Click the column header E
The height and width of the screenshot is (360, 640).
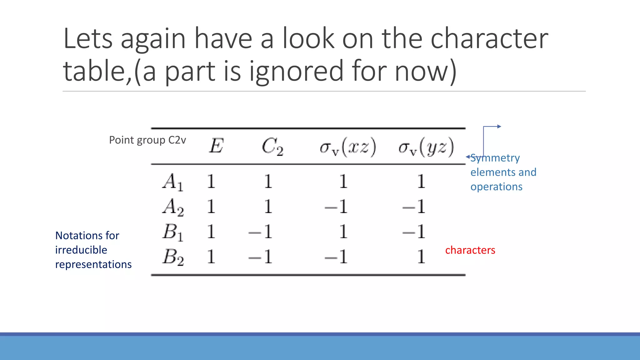click(216, 146)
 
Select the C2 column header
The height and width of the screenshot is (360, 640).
click(272, 147)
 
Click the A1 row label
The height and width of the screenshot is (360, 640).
click(173, 182)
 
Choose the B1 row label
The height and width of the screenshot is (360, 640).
click(173, 232)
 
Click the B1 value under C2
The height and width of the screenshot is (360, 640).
click(260, 232)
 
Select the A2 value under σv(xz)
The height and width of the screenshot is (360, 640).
click(336, 207)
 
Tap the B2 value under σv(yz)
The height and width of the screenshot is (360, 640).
click(421, 257)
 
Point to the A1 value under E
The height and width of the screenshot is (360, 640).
click(211, 182)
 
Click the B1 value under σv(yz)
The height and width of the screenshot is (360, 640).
click(414, 232)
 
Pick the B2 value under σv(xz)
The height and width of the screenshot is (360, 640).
click(336, 257)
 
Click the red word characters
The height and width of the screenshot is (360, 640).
click(470, 250)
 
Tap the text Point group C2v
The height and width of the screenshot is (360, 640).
click(147, 140)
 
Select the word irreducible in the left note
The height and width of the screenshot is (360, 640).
click(81, 250)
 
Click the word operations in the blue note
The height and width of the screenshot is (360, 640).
click(496, 187)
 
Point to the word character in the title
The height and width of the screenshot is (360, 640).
click(489, 39)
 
